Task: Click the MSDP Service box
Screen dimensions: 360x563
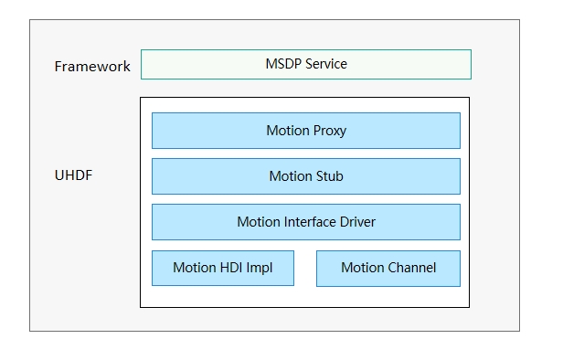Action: [x=305, y=65]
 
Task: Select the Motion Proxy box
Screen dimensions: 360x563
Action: [x=305, y=131]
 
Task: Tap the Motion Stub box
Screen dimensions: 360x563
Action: [x=305, y=176]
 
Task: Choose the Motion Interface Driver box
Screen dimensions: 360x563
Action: [x=305, y=222]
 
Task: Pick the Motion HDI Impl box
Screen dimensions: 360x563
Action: [x=222, y=268]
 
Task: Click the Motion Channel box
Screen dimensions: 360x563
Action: [x=388, y=268]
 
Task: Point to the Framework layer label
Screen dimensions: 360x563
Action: [x=92, y=67]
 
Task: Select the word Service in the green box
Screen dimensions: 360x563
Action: [x=324, y=65]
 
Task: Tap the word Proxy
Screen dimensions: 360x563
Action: [x=329, y=131]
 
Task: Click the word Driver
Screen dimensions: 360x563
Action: [x=356, y=222]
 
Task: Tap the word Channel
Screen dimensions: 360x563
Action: [x=411, y=268]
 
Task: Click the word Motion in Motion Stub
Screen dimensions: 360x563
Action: [x=289, y=176]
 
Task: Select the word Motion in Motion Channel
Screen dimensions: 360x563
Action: [x=362, y=268]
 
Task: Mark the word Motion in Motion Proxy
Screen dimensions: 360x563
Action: [x=287, y=131]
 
